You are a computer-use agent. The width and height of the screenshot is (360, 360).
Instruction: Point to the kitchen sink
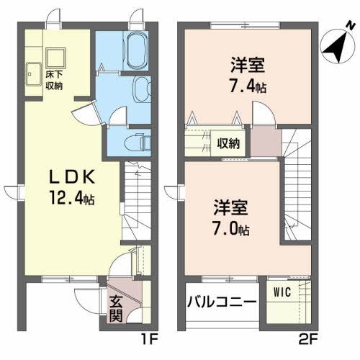coord(33,73)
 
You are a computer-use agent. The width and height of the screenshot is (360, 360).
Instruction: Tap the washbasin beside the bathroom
coord(140,89)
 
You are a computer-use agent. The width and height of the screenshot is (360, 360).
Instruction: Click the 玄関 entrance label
coord(117,307)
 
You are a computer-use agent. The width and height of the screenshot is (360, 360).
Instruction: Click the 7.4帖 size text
coord(246,86)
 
